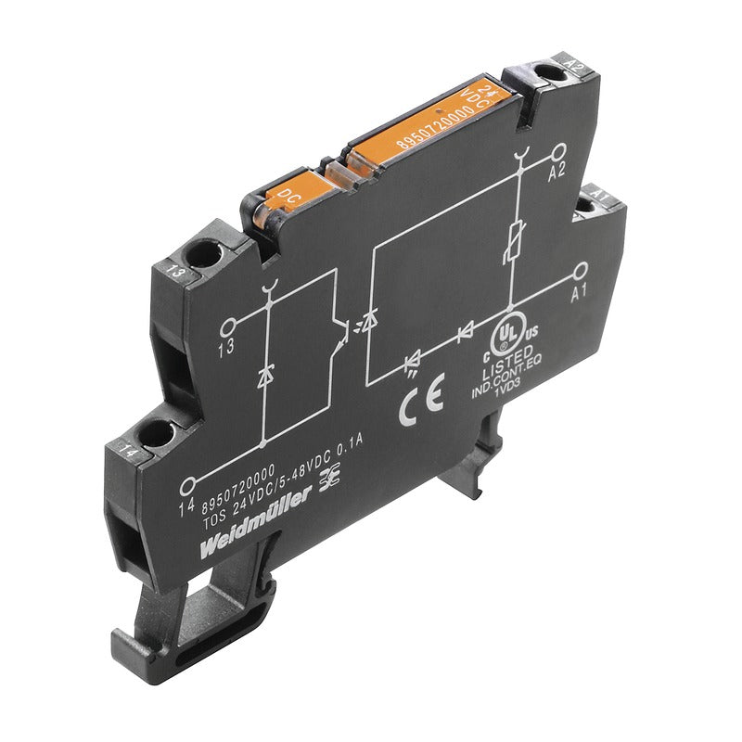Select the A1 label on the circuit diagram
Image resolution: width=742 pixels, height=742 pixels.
pyautogui.click(x=580, y=293)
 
